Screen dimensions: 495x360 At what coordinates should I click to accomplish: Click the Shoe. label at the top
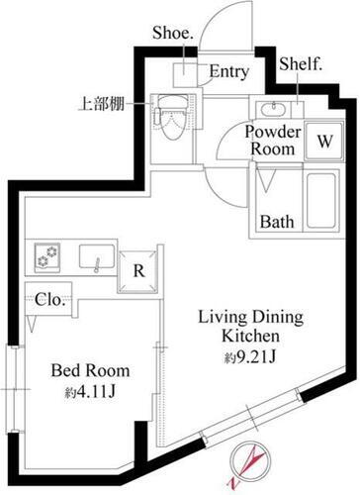coord(171,32)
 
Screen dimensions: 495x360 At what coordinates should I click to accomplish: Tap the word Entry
coord(228,72)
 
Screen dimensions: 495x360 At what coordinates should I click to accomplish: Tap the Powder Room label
coord(270,141)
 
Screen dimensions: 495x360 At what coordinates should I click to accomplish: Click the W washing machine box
coord(322,140)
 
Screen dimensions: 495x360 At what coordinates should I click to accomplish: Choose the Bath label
coord(278,221)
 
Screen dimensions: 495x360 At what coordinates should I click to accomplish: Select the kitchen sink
coord(97,260)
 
